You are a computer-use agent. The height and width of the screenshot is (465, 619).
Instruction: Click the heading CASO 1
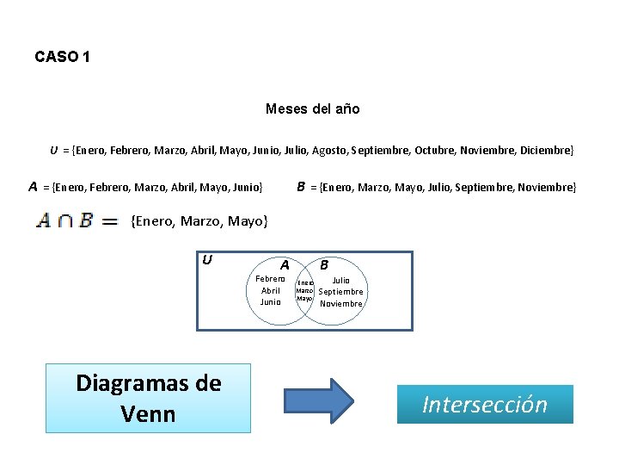pyautogui.click(x=62, y=57)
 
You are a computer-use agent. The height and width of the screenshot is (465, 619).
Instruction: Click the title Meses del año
pyautogui.click(x=313, y=109)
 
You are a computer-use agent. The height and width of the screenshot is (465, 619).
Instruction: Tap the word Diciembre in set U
pyautogui.click(x=546, y=151)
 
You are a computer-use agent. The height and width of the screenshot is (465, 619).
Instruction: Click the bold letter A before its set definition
pyautogui.click(x=33, y=186)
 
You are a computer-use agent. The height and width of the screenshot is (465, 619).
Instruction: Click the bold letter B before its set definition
pyautogui.click(x=301, y=186)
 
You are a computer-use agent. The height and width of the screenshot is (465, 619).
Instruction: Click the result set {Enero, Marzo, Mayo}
pyautogui.click(x=199, y=221)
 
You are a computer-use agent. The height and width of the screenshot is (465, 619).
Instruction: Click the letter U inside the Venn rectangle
pyautogui.click(x=207, y=259)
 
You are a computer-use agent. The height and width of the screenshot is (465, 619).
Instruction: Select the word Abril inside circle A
pyautogui.click(x=271, y=291)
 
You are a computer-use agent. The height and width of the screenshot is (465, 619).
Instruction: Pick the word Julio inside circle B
pyautogui.click(x=341, y=281)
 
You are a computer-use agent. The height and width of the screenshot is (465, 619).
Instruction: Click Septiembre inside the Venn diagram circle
pyautogui.click(x=341, y=292)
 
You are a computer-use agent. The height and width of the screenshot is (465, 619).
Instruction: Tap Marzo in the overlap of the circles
pyautogui.click(x=303, y=290)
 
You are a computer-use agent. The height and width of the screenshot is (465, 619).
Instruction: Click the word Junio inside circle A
pyautogui.click(x=271, y=302)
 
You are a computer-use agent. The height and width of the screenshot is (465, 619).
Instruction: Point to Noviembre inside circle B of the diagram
pyautogui.click(x=341, y=303)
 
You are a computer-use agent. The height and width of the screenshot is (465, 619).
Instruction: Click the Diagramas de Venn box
pyautogui.click(x=149, y=398)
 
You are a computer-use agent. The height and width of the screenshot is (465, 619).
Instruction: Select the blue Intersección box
pyautogui.click(x=485, y=404)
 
